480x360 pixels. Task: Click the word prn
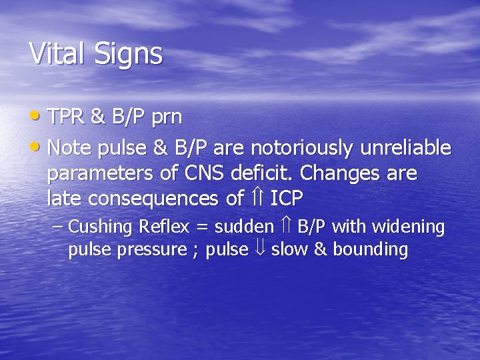[x=165, y=119]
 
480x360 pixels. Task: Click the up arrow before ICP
[x=257, y=198]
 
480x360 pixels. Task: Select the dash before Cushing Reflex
[x=58, y=227]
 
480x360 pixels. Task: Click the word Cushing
[x=101, y=227]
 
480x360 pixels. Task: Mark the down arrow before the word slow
[x=259, y=249]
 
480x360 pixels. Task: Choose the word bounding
[x=370, y=250]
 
